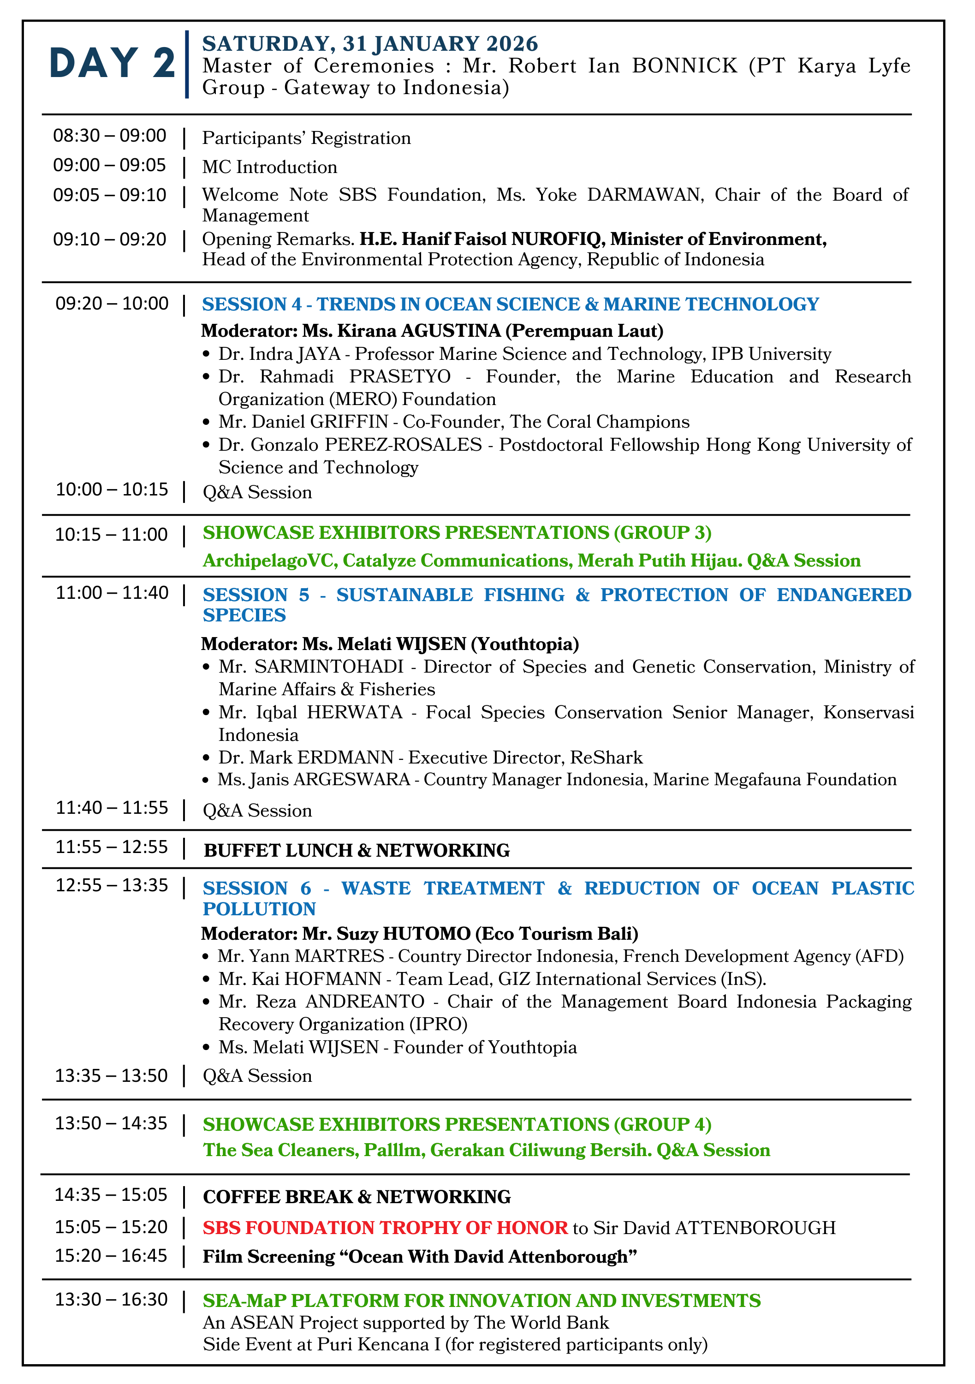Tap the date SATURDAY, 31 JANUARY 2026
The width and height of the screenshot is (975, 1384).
[x=369, y=43]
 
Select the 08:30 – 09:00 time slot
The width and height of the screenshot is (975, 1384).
[x=110, y=136]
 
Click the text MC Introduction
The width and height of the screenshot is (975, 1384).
[x=269, y=167]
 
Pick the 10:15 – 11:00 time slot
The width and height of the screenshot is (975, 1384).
[x=112, y=535]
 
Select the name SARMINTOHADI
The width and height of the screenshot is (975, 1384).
[x=328, y=667]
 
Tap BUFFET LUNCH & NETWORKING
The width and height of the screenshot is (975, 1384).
[x=357, y=851]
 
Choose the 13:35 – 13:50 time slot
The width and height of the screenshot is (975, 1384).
[x=112, y=1075]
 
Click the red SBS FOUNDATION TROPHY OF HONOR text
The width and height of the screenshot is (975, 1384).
[x=385, y=1228]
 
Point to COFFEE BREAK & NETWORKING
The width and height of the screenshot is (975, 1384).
[x=357, y=1197]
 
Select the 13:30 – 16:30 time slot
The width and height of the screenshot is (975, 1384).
[x=112, y=1300]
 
